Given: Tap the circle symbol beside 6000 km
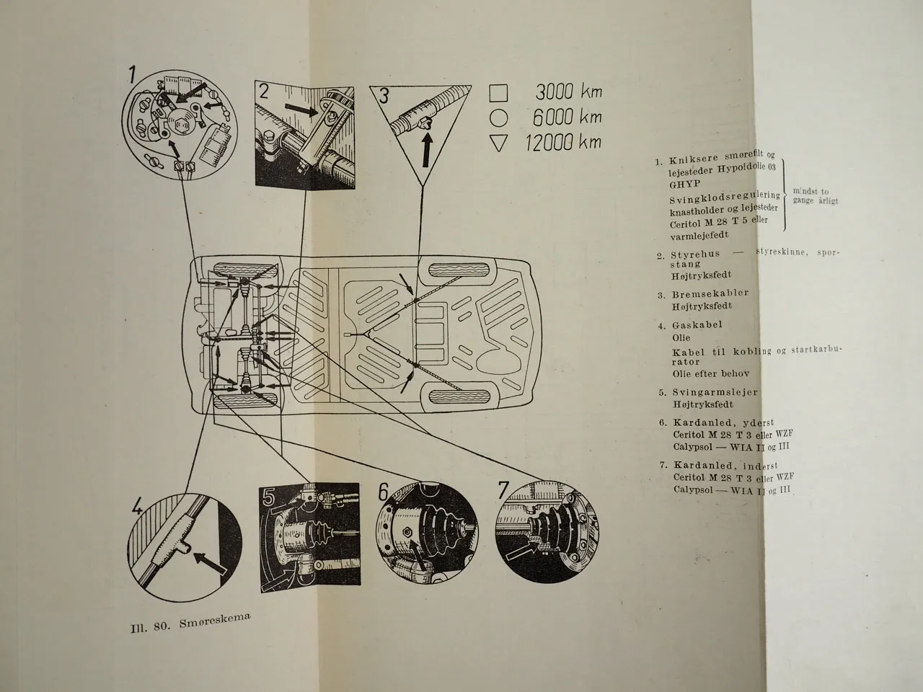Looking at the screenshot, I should [x=498, y=117].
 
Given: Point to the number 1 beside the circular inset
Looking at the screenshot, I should [x=133, y=75].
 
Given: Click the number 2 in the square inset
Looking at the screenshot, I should [x=265, y=92].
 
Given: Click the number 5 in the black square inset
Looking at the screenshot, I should [x=269, y=497].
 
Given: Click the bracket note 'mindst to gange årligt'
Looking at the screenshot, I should [x=815, y=196].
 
